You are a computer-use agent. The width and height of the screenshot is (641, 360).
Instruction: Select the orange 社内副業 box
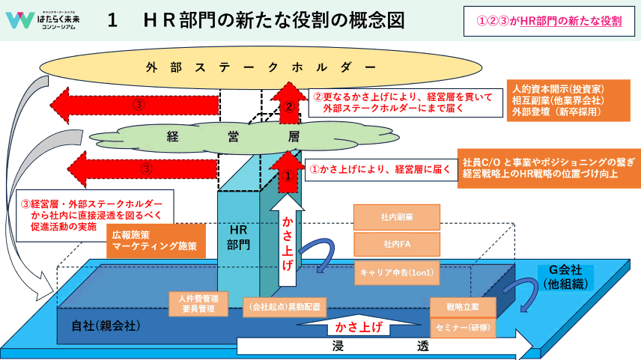[x=396, y=217]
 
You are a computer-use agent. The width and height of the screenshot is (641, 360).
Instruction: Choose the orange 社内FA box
[x=396, y=244]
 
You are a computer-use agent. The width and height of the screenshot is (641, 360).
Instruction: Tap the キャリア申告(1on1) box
[x=396, y=272]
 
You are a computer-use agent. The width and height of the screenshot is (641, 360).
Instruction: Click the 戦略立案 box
[x=463, y=308]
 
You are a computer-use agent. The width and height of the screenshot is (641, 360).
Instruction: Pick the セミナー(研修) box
[x=463, y=327]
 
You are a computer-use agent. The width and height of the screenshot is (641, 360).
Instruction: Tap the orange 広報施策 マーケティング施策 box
[x=153, y=240]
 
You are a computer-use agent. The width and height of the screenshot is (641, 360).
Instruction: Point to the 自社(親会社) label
[x=106, y=326]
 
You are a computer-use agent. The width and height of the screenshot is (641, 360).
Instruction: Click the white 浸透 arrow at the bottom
[x=382, y=347]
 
